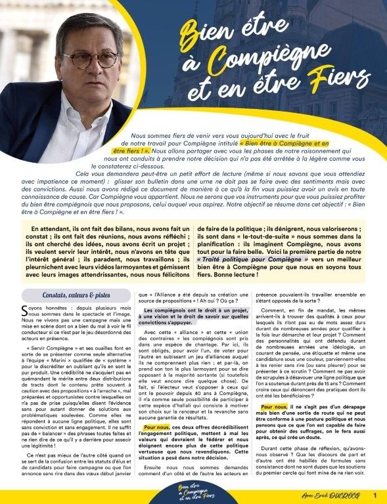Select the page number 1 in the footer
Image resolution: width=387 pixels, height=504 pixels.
[x=375, y=495]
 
